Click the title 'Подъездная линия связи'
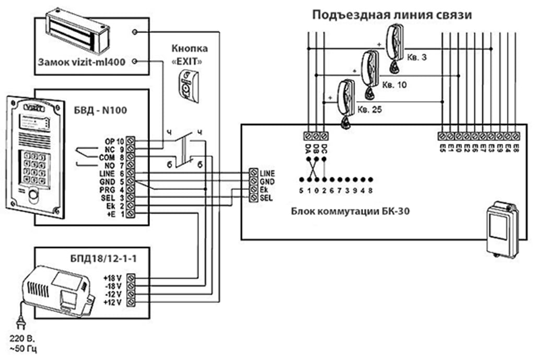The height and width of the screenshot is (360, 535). (392, 15)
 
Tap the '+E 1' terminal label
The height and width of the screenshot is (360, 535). (116, 214)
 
